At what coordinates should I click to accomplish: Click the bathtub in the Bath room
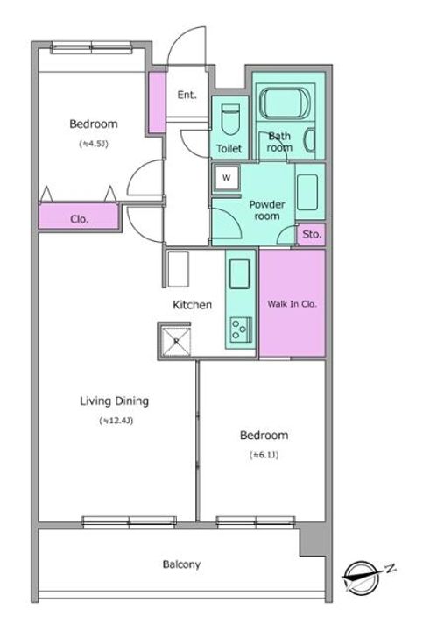286,103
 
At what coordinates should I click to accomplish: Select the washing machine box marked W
226,177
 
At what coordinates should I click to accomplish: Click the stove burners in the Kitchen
241,330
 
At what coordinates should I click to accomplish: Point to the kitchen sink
239,273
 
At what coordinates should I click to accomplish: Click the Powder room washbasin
307,192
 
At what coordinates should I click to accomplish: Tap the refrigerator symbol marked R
176,341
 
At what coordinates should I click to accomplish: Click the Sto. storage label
312,234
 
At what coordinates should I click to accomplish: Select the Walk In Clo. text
293,304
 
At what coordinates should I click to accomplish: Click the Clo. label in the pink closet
79,219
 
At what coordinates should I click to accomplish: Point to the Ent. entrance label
187,95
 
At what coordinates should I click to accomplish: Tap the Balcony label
181,564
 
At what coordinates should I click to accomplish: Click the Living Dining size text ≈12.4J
116,421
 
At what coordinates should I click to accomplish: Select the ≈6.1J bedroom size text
264,455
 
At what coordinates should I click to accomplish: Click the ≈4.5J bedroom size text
94,144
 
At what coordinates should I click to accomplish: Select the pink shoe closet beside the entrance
158,103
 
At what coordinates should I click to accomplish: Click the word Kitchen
192,305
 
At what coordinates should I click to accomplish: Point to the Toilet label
229,148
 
